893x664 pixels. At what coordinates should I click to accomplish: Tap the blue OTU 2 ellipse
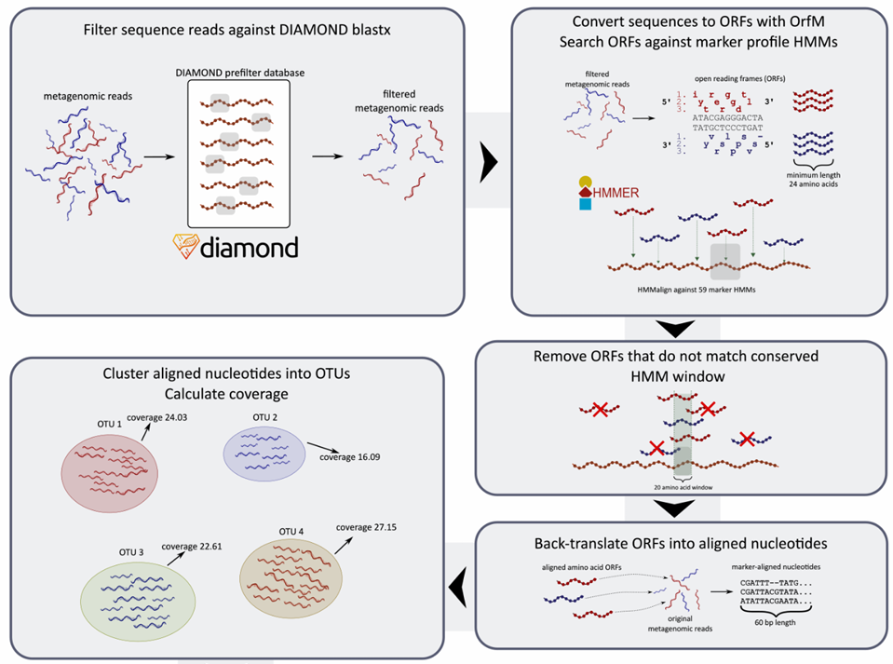pos(264,453)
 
